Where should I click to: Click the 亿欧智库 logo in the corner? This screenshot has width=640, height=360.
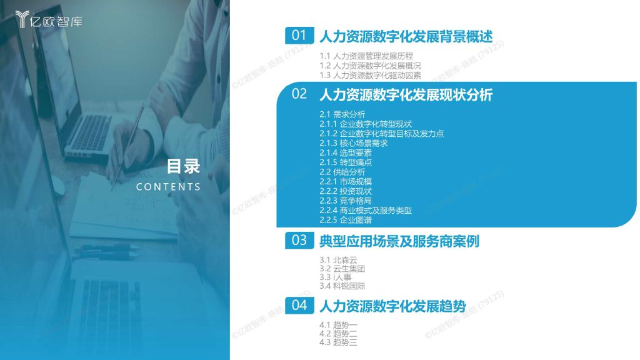pos(49,19)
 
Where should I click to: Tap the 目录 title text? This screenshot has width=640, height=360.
pos(183,166)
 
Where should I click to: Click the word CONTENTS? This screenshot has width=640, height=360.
pos(168,187)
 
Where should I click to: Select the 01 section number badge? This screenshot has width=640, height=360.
pos(299,36)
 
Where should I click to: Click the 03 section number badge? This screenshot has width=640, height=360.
pos(299,241)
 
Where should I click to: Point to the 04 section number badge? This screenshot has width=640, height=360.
pos(299,305)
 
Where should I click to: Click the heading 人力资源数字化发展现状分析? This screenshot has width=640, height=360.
pos(406,95)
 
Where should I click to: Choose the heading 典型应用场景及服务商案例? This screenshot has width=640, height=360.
pos(399,241)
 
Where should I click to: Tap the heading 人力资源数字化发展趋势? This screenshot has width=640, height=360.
pos(392,306)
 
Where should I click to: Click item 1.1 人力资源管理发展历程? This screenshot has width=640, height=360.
pos(366,56)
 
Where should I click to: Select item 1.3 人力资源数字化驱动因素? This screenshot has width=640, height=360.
pos(370,75)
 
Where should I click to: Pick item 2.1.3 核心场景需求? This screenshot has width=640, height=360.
pos(354,143)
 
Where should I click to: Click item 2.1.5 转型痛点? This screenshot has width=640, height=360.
pos(346,162)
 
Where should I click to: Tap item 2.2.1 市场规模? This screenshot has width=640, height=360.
pos(346,182)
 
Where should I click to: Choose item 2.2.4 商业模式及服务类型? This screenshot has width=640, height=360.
pos(366,211)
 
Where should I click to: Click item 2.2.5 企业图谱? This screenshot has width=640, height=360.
pos(346,220)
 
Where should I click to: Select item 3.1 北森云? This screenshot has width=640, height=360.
pos(338,260)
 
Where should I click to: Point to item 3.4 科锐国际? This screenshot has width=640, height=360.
pos(342,286)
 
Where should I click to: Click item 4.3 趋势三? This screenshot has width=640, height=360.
pos(338,342)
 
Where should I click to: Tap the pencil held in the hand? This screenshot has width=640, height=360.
pos(127,147)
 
